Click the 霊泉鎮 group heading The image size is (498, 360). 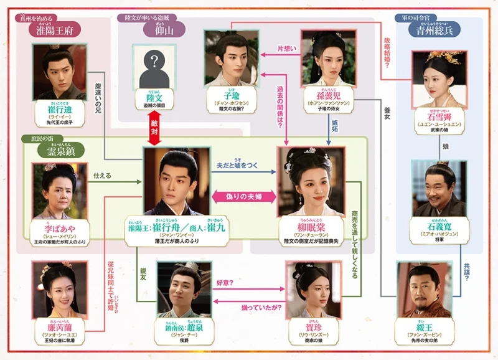[x=60, y=150]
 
